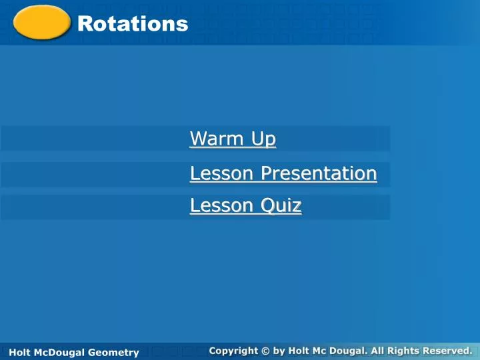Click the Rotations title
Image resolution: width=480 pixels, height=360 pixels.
pyautogui.click(x=133, y=24)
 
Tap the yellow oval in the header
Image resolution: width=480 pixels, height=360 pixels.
pyautogui.click(x=42, y=23)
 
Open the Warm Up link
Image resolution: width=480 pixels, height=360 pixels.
pyautogui.click(x=233, y=139)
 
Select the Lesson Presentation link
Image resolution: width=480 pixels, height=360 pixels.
pyautogui.click(x=283, y=173)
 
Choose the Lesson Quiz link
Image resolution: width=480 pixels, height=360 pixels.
pyautogui.click(x=245, y=206)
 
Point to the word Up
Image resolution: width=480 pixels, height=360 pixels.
pyautogui.click(x=263, y=139)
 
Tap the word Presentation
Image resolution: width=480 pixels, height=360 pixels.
pyautogui.click(x=319, y=173)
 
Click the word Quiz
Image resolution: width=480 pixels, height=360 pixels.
pyautogui.click(x=281, y=206)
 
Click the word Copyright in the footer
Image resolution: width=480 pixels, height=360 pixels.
pyautogui.click(x=233, y=350)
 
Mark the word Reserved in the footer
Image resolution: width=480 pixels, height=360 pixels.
pyautogui.click(x=448, y=350)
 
